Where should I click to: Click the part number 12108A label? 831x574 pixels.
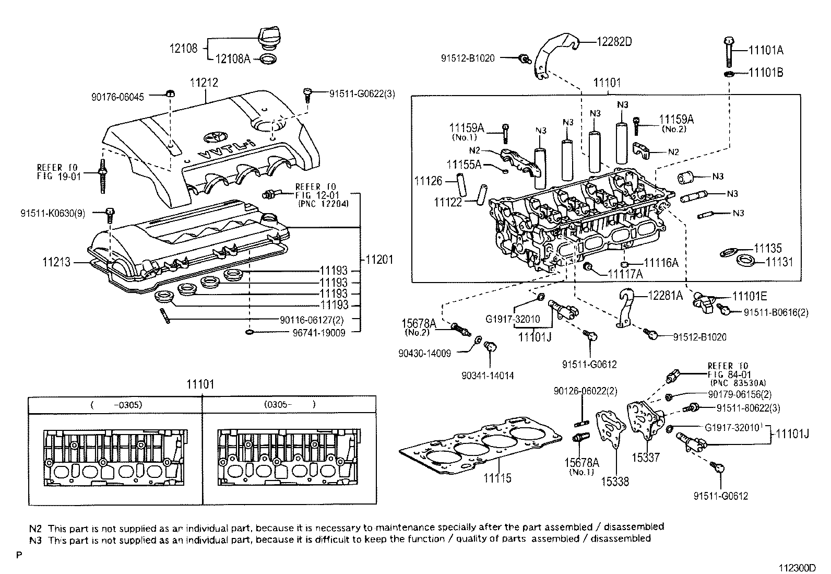(x=232, y=59)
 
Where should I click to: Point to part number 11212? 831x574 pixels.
(x=204, y=82)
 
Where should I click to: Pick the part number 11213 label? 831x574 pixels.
(x=56, y=263)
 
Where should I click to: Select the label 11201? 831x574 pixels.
(x=379, y=260)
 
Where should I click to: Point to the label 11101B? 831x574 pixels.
(x=766, y=73)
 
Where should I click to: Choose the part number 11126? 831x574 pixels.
(x=429, y=181)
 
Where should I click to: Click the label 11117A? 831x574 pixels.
(x=625, y=274)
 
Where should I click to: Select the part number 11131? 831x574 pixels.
(x=779, y=262)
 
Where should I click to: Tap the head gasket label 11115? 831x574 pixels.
(x=497, y=477)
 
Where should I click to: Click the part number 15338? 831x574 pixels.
(x=614, y=482)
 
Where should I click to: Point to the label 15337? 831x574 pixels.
(x=645, y=458)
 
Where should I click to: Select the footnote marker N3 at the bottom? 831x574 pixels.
(x=36, y=538)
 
